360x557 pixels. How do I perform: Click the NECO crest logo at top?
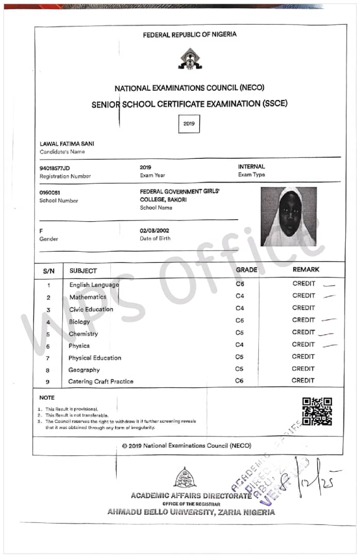190,59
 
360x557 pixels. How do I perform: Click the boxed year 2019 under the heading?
189,124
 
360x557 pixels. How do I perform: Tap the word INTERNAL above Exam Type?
251,167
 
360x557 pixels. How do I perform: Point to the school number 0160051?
50,192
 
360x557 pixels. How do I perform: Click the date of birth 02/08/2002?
154,231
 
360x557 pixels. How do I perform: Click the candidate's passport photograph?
288,217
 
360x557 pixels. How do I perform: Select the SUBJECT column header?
83,270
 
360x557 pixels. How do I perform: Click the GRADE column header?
247,270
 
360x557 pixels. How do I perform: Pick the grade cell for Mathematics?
240,296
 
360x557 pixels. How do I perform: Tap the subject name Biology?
79,322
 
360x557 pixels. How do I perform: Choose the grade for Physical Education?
239,357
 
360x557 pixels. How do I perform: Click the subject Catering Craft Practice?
101,382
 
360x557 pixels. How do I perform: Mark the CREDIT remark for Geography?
303,369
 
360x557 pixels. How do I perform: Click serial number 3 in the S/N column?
48,310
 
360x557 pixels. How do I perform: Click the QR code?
317,411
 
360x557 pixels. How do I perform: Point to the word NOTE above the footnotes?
47,398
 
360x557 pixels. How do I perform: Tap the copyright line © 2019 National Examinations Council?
187,446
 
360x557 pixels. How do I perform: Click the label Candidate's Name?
62,152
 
